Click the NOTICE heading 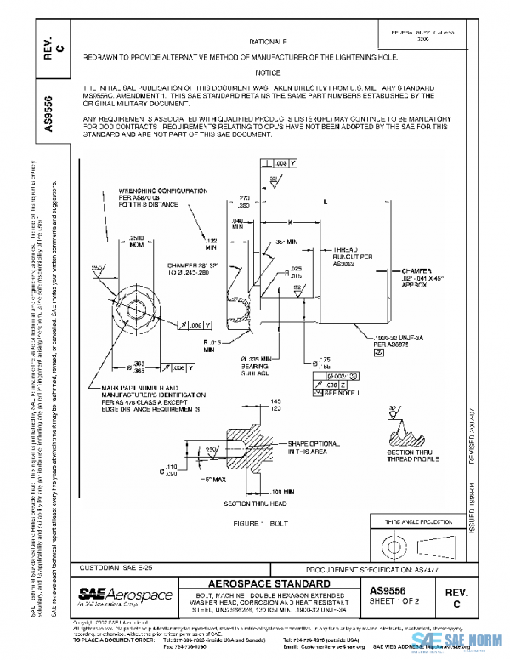click(268, 73)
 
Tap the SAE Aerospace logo click(125, 595)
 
